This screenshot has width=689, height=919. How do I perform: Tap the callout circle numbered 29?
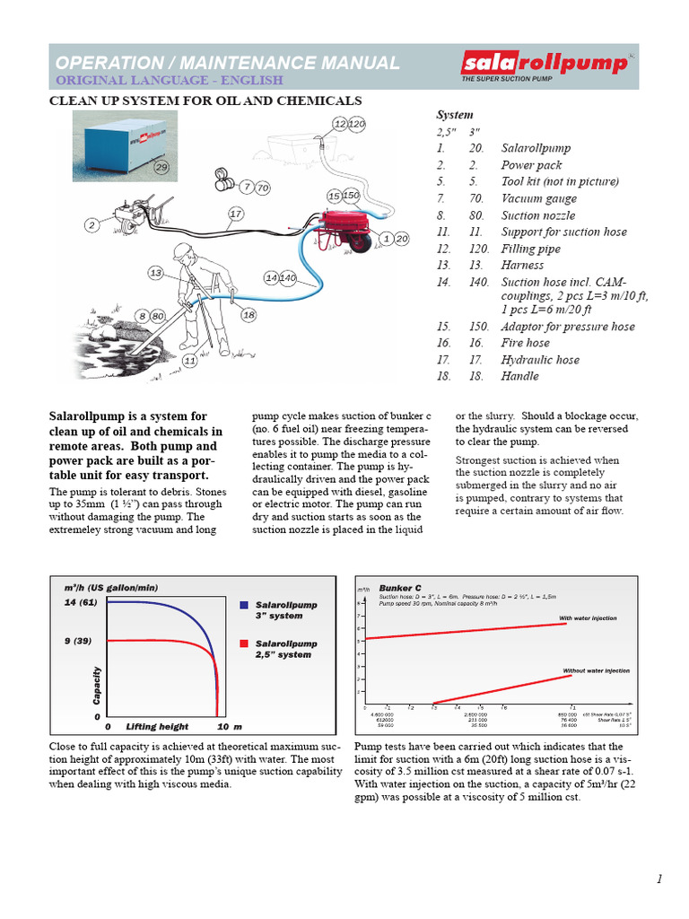click(161, 167)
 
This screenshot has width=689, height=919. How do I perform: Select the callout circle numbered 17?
click(236, 214)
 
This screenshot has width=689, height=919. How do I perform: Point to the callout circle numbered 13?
click(156, 272)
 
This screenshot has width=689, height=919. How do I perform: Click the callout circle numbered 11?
click(190, 360)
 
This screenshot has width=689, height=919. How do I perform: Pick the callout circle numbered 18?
click(249, 315)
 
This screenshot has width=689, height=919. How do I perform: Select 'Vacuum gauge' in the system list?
click(538, 198)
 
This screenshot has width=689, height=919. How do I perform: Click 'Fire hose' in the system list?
click(525, 343)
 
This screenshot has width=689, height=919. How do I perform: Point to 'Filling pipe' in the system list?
click(530, 249)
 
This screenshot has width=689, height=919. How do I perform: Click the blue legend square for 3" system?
click(244, 606)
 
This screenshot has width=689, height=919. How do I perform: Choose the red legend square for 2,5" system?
click(244, 643)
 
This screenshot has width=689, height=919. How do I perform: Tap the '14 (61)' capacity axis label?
click(80, 602)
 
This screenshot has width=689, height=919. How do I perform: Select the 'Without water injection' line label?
click(596, 670)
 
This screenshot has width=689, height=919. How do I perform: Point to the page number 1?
click(659, 879)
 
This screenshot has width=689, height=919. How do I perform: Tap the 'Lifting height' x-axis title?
click(157, 726)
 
